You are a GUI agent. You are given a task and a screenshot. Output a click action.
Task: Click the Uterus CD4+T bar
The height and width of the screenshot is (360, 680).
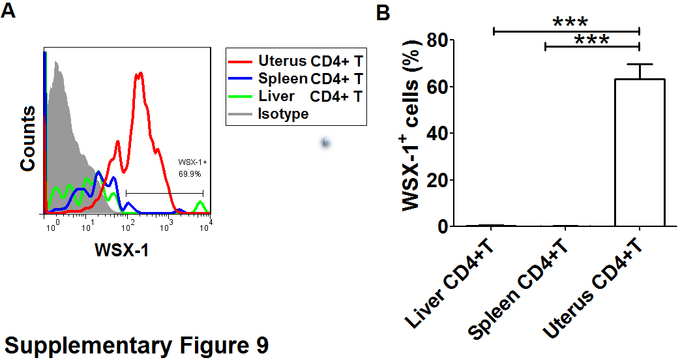tap(640, 153)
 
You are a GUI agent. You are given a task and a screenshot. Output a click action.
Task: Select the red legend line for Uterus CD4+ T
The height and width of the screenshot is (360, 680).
tap(240, 62)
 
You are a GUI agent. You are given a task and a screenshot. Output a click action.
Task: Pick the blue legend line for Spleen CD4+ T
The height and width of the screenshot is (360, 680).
tap(240, 78)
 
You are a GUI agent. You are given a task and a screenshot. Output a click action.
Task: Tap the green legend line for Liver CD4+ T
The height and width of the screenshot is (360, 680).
tap(240, 97)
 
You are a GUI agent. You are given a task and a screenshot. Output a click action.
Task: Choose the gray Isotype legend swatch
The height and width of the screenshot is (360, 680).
tap(240, 114)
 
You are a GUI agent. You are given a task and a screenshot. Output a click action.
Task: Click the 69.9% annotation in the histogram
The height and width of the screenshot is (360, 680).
tap(190, 174)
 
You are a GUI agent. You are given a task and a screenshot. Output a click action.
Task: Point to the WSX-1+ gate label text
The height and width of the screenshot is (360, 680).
tap(192, 162)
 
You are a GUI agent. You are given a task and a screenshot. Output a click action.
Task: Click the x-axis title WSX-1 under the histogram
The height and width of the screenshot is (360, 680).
tap(122, 250)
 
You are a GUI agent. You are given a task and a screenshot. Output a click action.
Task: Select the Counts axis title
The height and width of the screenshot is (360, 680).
tap(28, 138)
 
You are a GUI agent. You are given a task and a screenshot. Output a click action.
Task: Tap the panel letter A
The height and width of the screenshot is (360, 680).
tap(8, 10)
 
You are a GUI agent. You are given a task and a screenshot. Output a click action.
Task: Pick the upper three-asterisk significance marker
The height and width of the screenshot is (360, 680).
tap(570, 22)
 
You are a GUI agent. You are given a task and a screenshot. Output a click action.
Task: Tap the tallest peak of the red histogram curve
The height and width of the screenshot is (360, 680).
tap(140, 73)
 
